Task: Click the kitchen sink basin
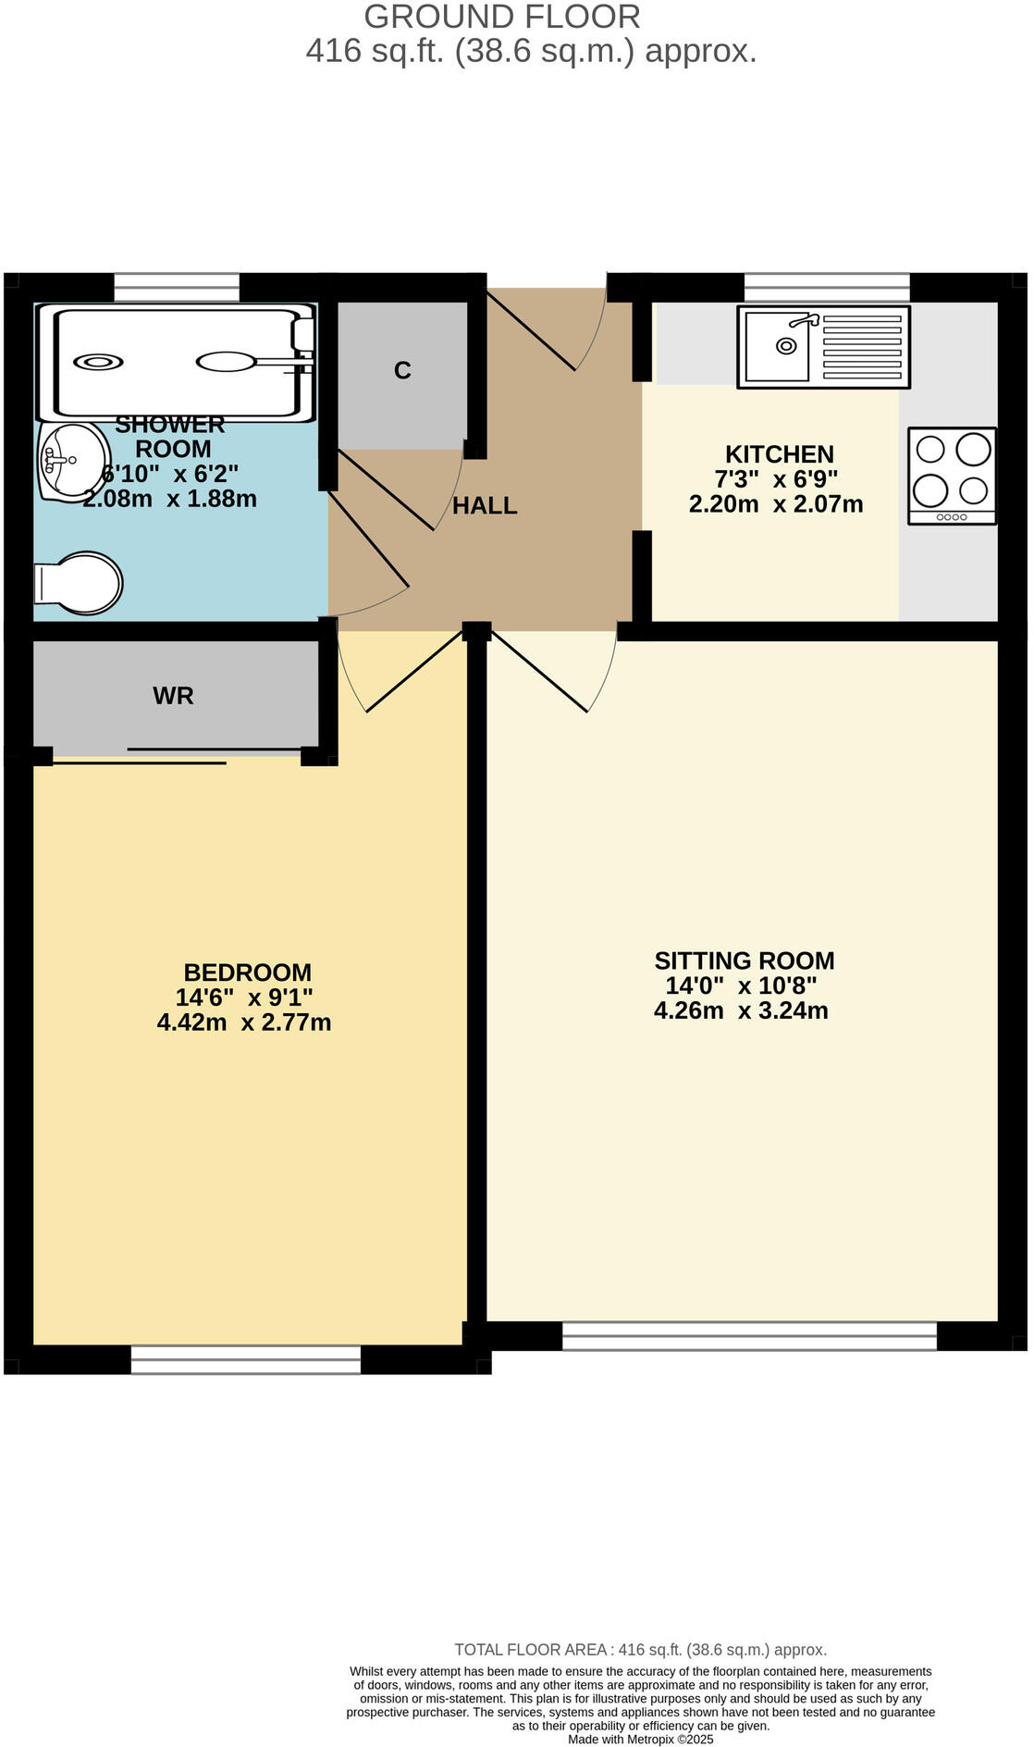[x=778, y=345]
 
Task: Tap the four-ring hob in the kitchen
[x=952, y=476]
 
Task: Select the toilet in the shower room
[x=81, y=583]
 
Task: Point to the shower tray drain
[x=96, y=362]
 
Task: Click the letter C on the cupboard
[x=401, y=370]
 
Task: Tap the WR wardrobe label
[x=173, y=696]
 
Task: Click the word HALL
[x=485, y=505]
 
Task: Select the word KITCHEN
[x=779, y=454]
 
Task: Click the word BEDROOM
[x=247, y=973]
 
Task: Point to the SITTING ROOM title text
[x=744, y=960]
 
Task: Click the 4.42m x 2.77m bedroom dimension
[x=244, y=1022]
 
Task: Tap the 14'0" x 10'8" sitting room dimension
[x=741, y=985]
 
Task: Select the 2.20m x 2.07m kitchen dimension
[x=775, y=504]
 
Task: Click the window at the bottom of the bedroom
[x=245, y=1358]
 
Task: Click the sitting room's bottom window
[x=749, y=1335]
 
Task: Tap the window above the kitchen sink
[x=827, y=287]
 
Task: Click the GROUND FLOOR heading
[x=501, y=17]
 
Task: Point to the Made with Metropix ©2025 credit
[x=640, y=1739]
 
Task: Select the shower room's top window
[x=177, y=287]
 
